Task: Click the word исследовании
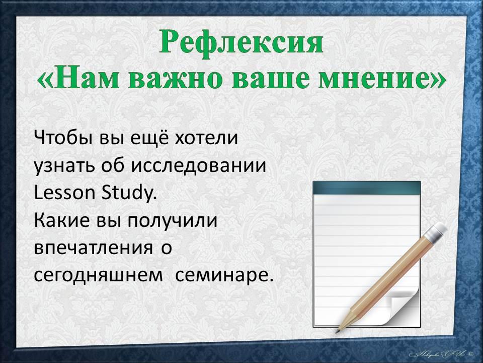(x=199, y=166)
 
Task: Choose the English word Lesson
(x=64, y=193)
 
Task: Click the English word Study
(x=127, y=193)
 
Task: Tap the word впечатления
(x=94, y=248)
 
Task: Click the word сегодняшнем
(x=98, y=276)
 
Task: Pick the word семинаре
(x=224, y=276)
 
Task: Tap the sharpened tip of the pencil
(x=337, y=332)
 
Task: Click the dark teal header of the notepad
(x=367, y=188)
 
